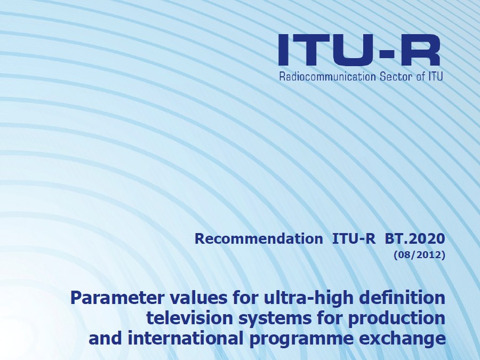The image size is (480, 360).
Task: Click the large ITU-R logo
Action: [359, 50]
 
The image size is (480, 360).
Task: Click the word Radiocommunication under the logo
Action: [327, 76]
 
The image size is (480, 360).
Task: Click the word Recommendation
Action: [259, 239]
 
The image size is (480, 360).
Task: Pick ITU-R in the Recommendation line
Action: [354, 239]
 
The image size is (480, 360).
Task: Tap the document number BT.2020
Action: [414, 239]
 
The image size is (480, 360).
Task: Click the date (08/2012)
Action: [419, 255]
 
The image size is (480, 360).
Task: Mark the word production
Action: [397, 319]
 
